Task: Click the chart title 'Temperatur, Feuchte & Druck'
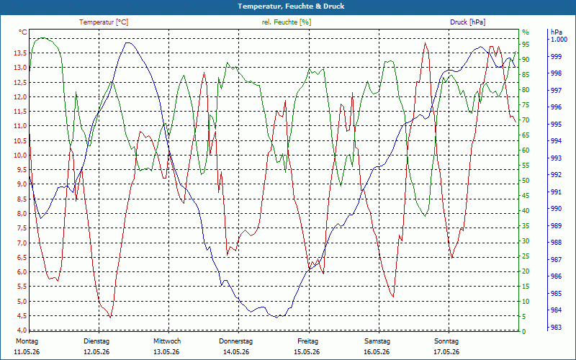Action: [291, 6]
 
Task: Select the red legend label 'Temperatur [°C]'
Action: [104, 22]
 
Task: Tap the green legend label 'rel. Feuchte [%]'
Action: [286, 22]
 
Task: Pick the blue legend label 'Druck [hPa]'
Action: [467, 22]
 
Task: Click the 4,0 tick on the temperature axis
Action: [22, 330]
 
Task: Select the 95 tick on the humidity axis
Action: [526, 45]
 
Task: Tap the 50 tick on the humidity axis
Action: [526, 181]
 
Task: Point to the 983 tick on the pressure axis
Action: [556, 327]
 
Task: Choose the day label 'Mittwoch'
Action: [167, 341]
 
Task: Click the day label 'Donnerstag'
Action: [236, 341]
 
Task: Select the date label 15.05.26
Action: [307, 352]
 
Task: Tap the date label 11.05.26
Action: [27, 352]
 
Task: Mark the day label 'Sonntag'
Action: [446, 341]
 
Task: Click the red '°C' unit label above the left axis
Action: [23, 32]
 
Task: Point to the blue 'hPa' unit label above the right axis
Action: [557, 32]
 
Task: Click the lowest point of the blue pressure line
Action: [276, 318]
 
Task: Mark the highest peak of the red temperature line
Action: [426, 43]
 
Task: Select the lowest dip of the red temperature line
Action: [110, 318]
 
